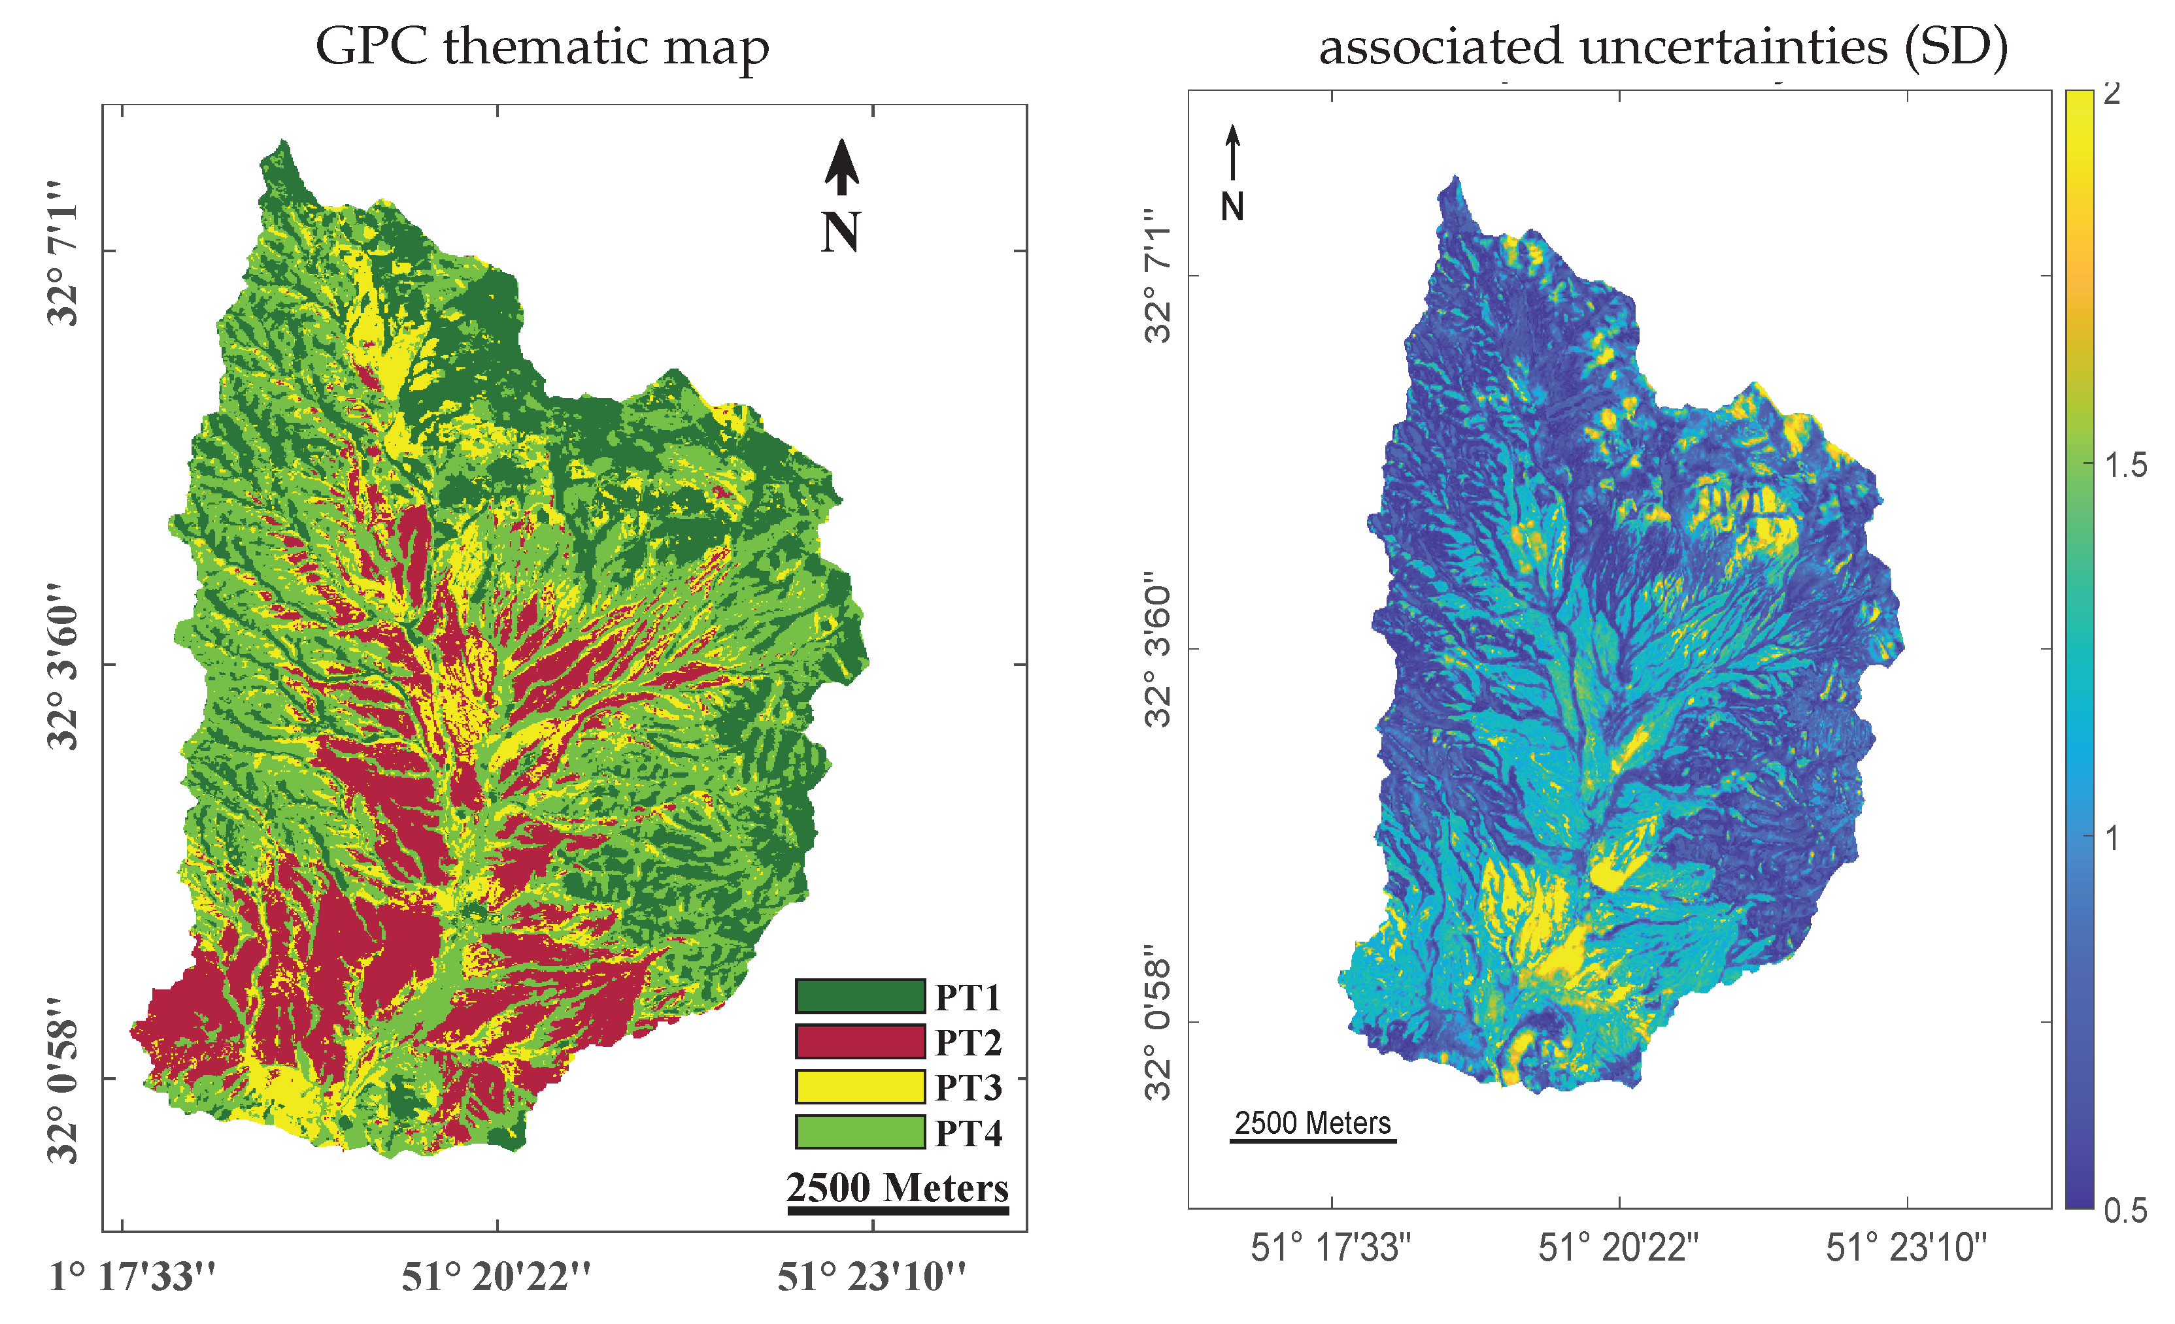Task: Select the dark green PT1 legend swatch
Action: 860,996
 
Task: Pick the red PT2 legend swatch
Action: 860,1040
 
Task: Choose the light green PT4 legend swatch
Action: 860,1132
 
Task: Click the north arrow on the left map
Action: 842,168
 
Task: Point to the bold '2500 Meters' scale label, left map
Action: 897,1188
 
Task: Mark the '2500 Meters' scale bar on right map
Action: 1313,1141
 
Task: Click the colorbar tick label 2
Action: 2112,93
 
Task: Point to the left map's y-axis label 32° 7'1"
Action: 63,254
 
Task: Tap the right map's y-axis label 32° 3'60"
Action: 1158,649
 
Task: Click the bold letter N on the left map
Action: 839,232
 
